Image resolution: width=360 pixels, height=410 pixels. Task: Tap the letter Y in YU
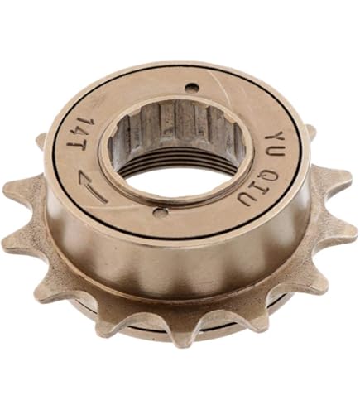274,139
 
